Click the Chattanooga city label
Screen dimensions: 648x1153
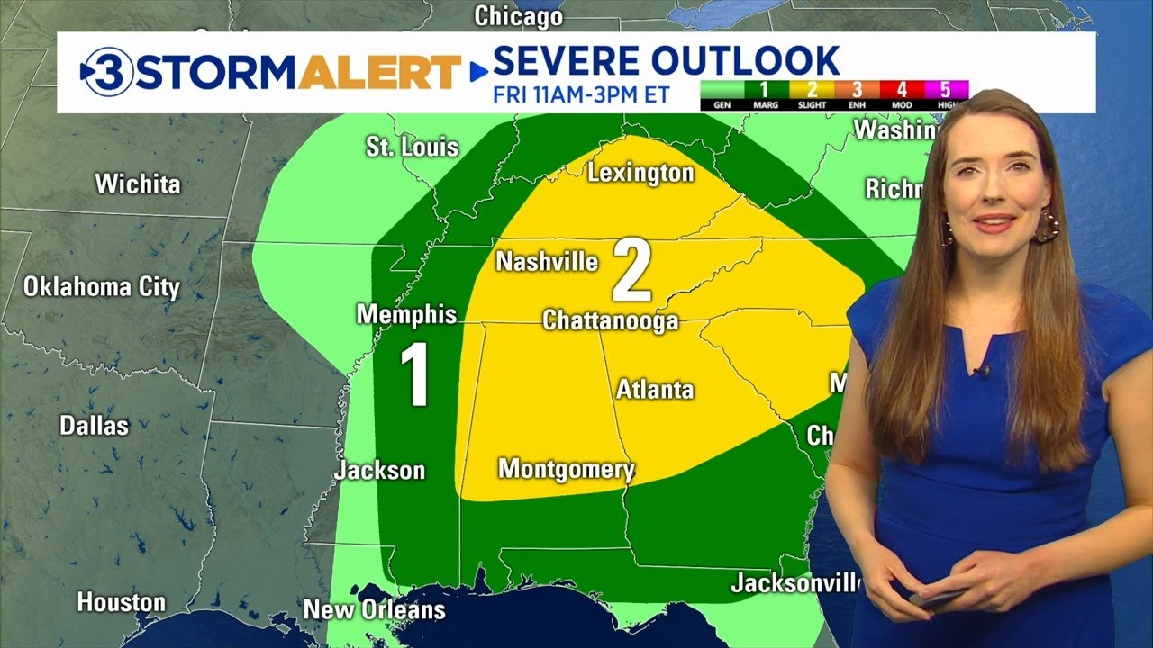[610, 321]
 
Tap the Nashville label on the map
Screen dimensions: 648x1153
[547, 262]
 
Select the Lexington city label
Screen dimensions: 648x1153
[640, 173]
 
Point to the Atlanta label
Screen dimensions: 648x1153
[655, 390]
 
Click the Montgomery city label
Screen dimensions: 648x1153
[566, 469]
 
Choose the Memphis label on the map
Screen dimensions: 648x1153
[406, 314]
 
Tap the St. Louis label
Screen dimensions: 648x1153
[412, 147]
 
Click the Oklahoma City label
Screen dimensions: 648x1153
[101, 287]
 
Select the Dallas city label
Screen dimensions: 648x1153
[94, 425]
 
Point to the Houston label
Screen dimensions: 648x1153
[121, 602]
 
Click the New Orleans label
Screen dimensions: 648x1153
[374, 609]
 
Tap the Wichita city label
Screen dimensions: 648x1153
[138, 184]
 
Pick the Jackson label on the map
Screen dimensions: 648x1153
[379, 470]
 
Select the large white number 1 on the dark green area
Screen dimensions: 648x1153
[414, 375]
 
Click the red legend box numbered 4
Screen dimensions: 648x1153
[901, 90]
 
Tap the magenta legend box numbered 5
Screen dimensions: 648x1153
[945, 90]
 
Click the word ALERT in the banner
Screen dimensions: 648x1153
[379, 72]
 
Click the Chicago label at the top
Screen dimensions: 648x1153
[518, 15]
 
